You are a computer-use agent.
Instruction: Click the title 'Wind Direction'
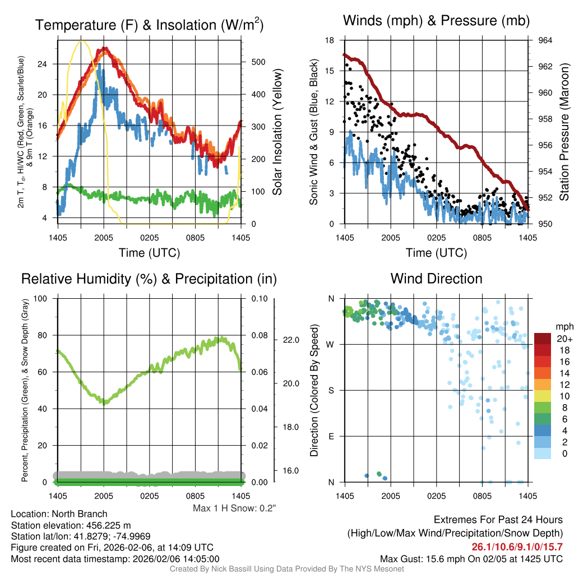coord(436,279)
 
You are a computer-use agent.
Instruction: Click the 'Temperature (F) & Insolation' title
coord(149,25)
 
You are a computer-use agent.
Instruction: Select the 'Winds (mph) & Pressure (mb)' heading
coord(436,21)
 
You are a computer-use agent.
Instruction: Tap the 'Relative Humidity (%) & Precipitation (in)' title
coord(149,279)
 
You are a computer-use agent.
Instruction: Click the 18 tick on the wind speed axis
coord(330,40)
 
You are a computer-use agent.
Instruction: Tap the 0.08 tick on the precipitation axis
coord(259,335)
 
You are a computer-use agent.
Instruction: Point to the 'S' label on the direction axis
coord(332,390)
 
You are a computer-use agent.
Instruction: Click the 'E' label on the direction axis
coord(332,436)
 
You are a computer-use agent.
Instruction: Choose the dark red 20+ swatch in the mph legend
coord(543,339)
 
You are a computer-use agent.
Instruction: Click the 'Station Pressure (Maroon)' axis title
coord(564,132)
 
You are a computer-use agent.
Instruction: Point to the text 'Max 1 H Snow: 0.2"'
coord(234,508)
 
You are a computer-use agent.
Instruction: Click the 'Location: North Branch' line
coord(59,514)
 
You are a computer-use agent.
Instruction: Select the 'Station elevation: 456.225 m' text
coord(71,525)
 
